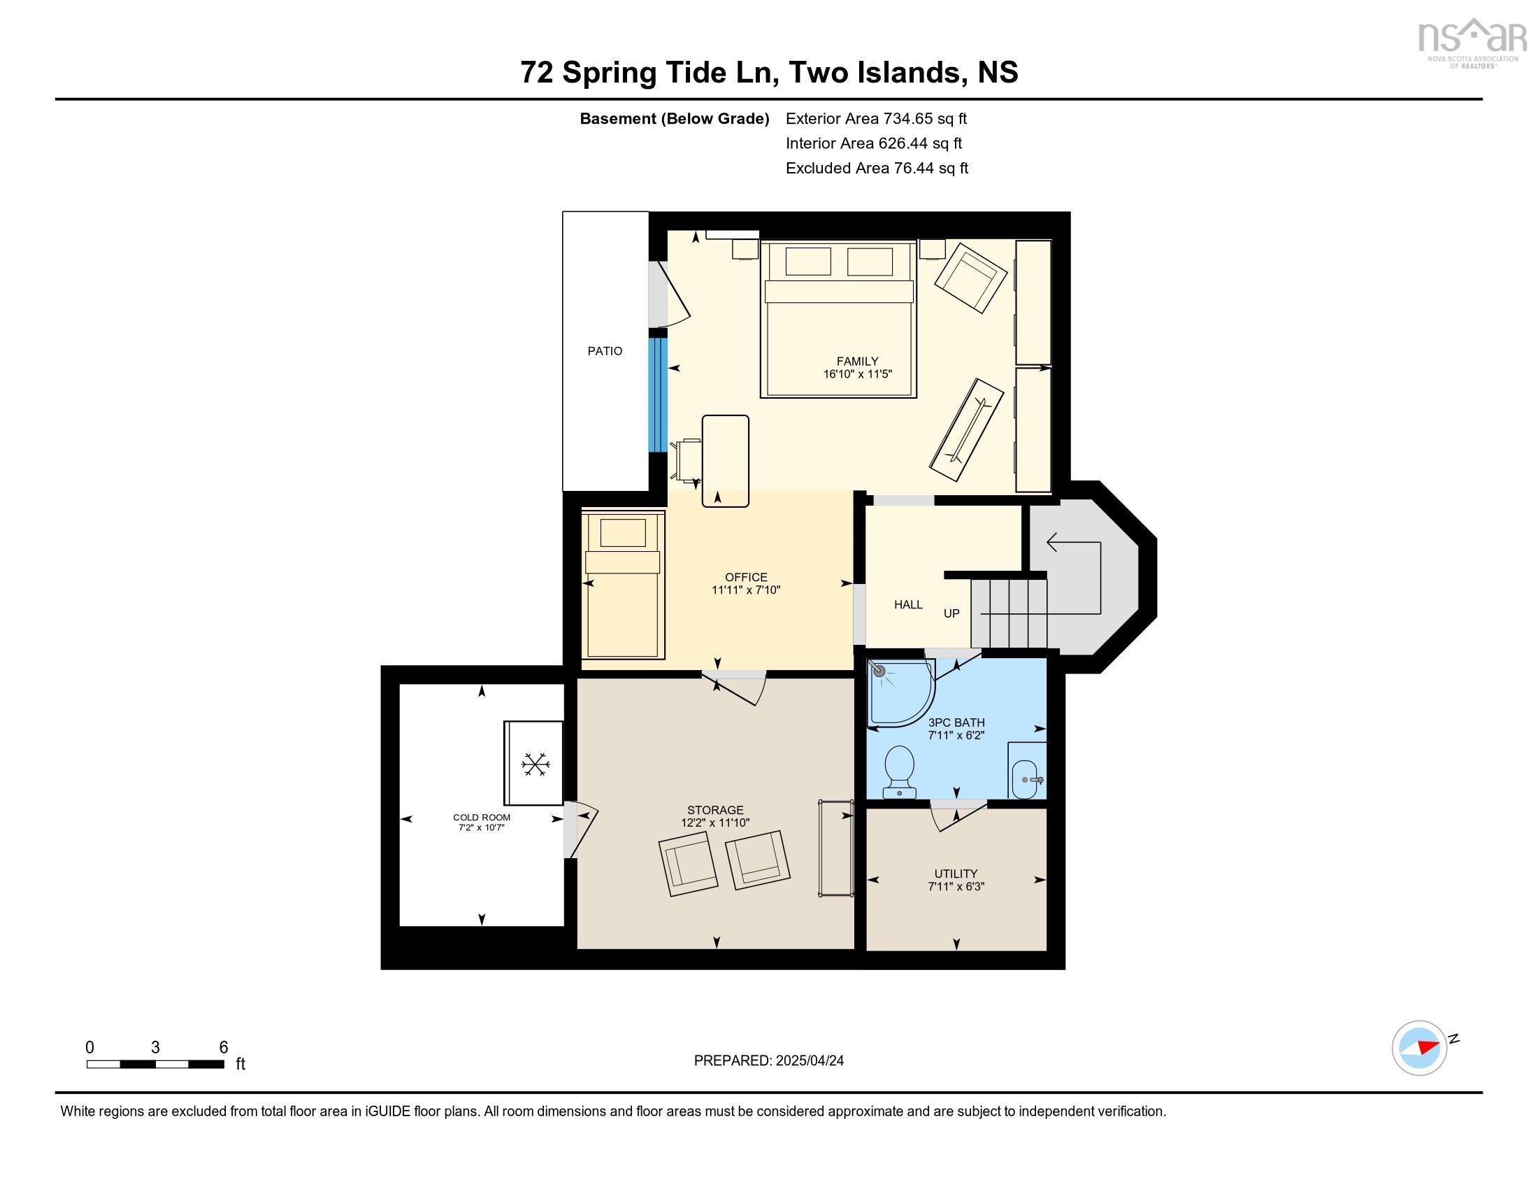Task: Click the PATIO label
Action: pos(605,351)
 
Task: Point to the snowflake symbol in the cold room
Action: pos(535,764)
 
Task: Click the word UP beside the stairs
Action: pos(951,613)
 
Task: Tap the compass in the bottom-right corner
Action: pos(1420,1048)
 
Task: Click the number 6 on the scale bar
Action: pos(223,1048)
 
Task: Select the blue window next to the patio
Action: pos(658,394)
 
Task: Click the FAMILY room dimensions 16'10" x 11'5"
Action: pos(858,374)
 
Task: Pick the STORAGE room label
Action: pos(715,810)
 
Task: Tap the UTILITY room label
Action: pos(956,874)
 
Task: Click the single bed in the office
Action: pos(623,585)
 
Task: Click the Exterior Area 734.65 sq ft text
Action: pos(876,119)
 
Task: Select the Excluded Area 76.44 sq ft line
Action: pos(877,169)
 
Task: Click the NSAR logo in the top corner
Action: pos(1472,43)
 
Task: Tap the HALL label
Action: pos(908,604)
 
